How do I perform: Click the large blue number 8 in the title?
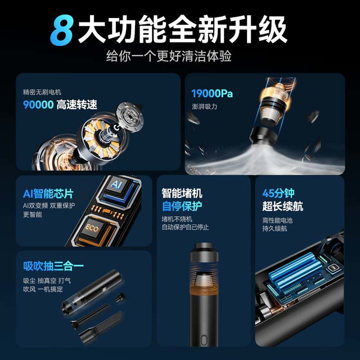pyautogui.click(x=62, y=30)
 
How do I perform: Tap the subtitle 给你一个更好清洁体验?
pyautogui.click(x=169, y=56)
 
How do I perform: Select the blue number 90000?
pyautogui.click(x=38, y=105)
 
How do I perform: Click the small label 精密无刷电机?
pyautogui.click(x=42, y=92)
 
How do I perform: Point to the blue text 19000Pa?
pyautogui.click(x=212, y=93)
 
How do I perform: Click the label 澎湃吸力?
pyautogui.click(x=204, y=106)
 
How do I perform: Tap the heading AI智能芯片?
pyautogui.click(x=48, y=193)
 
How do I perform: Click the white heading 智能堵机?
pyautogui.click(x=182, y=193)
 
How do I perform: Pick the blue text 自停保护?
pyautogui.click(x=182, y=206)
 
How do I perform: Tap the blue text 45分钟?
pyautogui.click(x=278, y=193)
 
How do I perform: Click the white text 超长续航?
pyautogui.click(x=282, y=206)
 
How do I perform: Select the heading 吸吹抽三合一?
pyautogui.click(x=53, y=266)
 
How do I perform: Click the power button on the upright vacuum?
pyautogui.click(x=204, y=340)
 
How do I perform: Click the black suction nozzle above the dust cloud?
pyautogui.click(x=263, y=137)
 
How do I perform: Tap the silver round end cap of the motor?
pyautogui.click(x=130, y=116)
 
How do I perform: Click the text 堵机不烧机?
pyautogui.click(x=177, y=219)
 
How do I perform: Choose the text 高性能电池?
pyautogui.click(x=277, y=220)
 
